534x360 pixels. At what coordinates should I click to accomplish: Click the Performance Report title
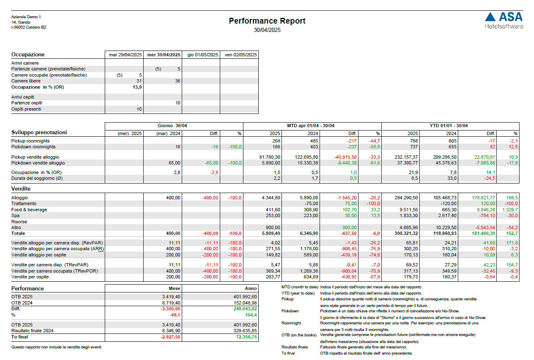[267, 21]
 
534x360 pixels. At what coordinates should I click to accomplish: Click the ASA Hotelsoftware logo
[504, 20]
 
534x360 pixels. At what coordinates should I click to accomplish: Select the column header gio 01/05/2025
[201, 55]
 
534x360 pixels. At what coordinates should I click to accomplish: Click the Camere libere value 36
[177, 81]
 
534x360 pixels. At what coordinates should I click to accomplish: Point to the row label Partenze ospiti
[27, 103]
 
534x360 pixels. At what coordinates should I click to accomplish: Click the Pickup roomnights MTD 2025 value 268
[275, 141]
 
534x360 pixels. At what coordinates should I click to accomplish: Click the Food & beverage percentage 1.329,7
[510, 210]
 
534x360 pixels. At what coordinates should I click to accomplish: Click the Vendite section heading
[21, 188]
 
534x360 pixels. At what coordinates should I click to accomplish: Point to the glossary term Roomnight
[291, 323]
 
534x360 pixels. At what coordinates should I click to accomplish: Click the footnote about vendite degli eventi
[56, 347]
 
